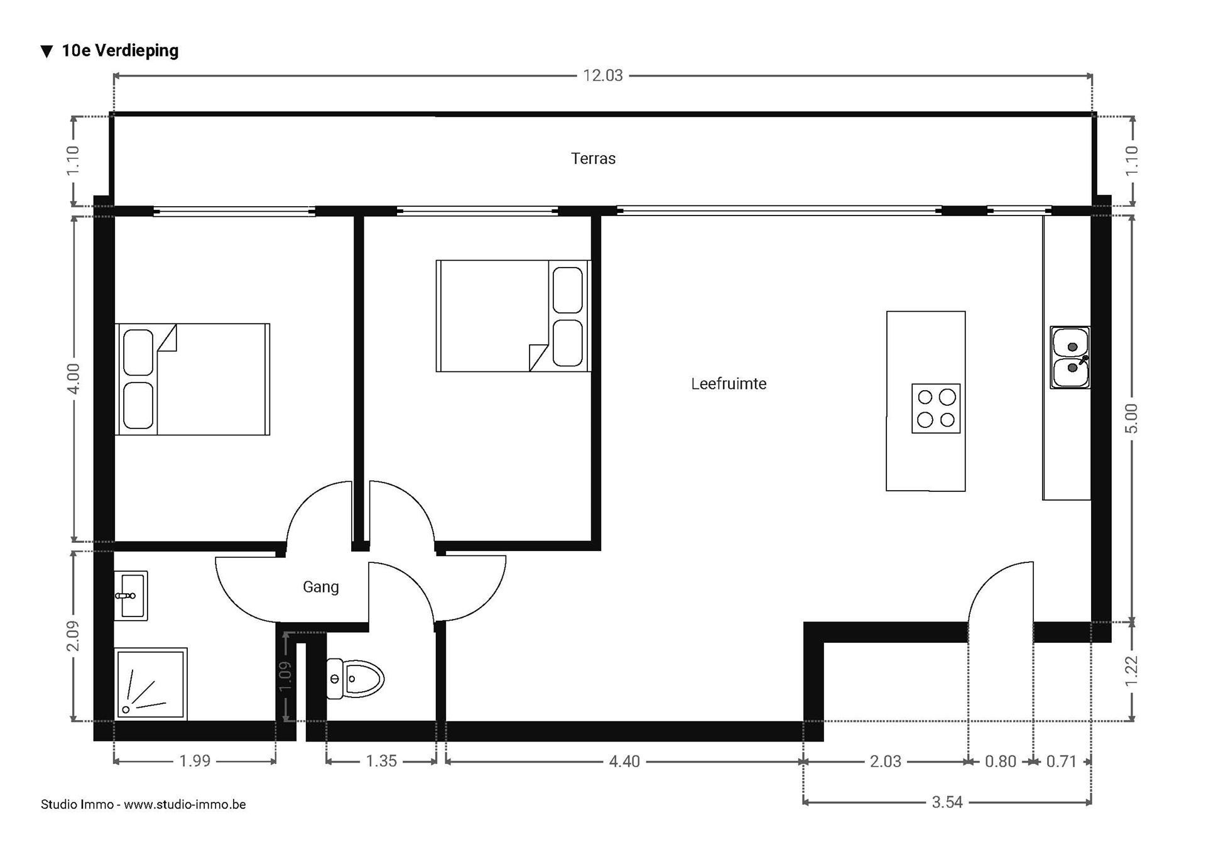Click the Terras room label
click(x=593, y=158)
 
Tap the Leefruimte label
click(x=729, y=384)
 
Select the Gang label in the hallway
click(x=320, y=587)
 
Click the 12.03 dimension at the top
click(x=602, y=75)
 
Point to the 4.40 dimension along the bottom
click(x=624, y=762)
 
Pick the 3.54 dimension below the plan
click(x=947, y=802)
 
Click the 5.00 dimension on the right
click(x=1131, y=418)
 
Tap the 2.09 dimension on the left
click(x=73, y=636)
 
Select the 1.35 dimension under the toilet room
click(x=381, y=762)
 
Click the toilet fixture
click(x=356, y=679)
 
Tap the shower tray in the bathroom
click(x=151, y=684)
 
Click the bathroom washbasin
click(x=131, y=596)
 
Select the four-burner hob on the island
click(x=936, y=408)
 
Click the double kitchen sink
click(x=1070, y=358)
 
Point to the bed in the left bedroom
click(x=192, y=380)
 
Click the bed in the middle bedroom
click(x=513, y=315)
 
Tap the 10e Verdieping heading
click(x=119, y=51)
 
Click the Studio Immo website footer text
click(x=143, y=804)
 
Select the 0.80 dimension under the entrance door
click(x=1000, y=762)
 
